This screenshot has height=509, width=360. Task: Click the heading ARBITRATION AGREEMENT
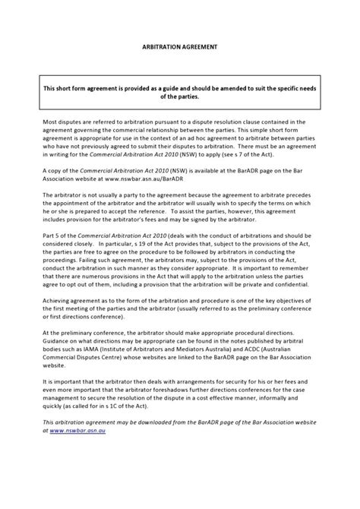[180, 46]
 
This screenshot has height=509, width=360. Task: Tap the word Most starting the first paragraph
[51, 121]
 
